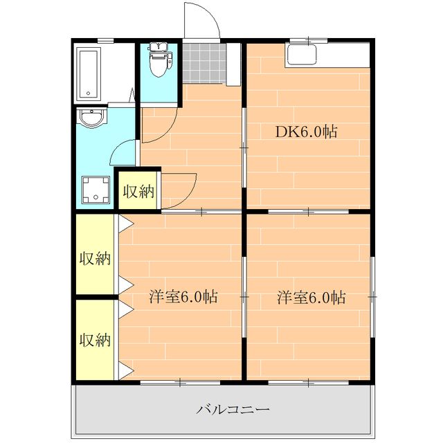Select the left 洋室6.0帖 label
pos(183,297)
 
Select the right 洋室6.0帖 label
pos(311,298)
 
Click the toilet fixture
pos(159,63)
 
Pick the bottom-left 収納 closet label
pos(95,340)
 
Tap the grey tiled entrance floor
pos(204,63)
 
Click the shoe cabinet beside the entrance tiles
pos(234,64)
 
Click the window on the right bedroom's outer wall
pos(372,296)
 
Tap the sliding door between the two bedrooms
pos(244,296)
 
